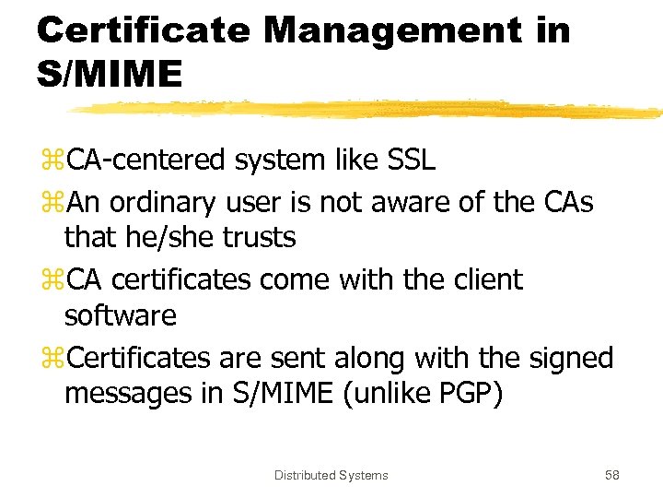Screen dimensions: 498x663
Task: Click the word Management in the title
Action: tap(391, 30)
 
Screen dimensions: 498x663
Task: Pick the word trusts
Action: tap(259, 238)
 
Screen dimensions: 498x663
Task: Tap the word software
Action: tap(120, 316)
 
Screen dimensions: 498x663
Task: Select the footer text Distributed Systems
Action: tap(331, 476)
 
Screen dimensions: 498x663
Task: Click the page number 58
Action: tap(611, 476)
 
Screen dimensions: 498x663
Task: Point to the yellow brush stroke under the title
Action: tap(368, 109)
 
